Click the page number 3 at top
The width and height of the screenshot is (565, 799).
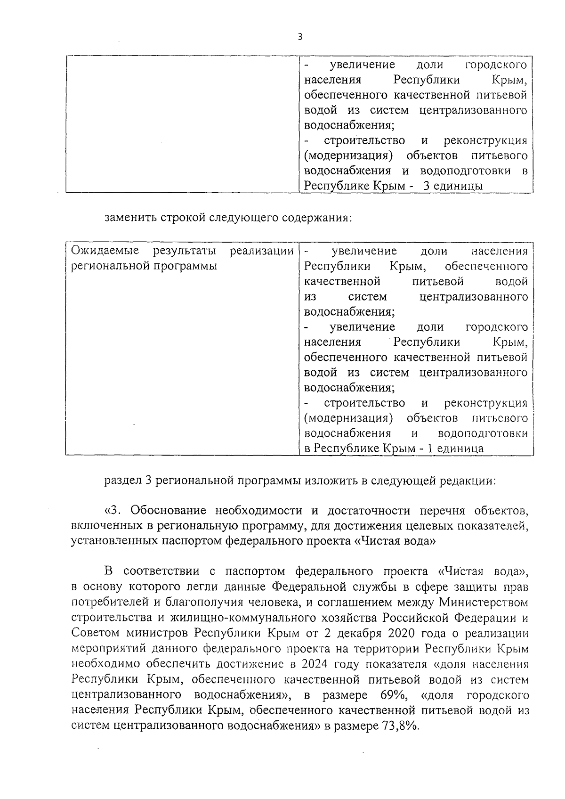(x=300, y=37)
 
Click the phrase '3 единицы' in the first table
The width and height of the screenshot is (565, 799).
(x=453, y=186)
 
